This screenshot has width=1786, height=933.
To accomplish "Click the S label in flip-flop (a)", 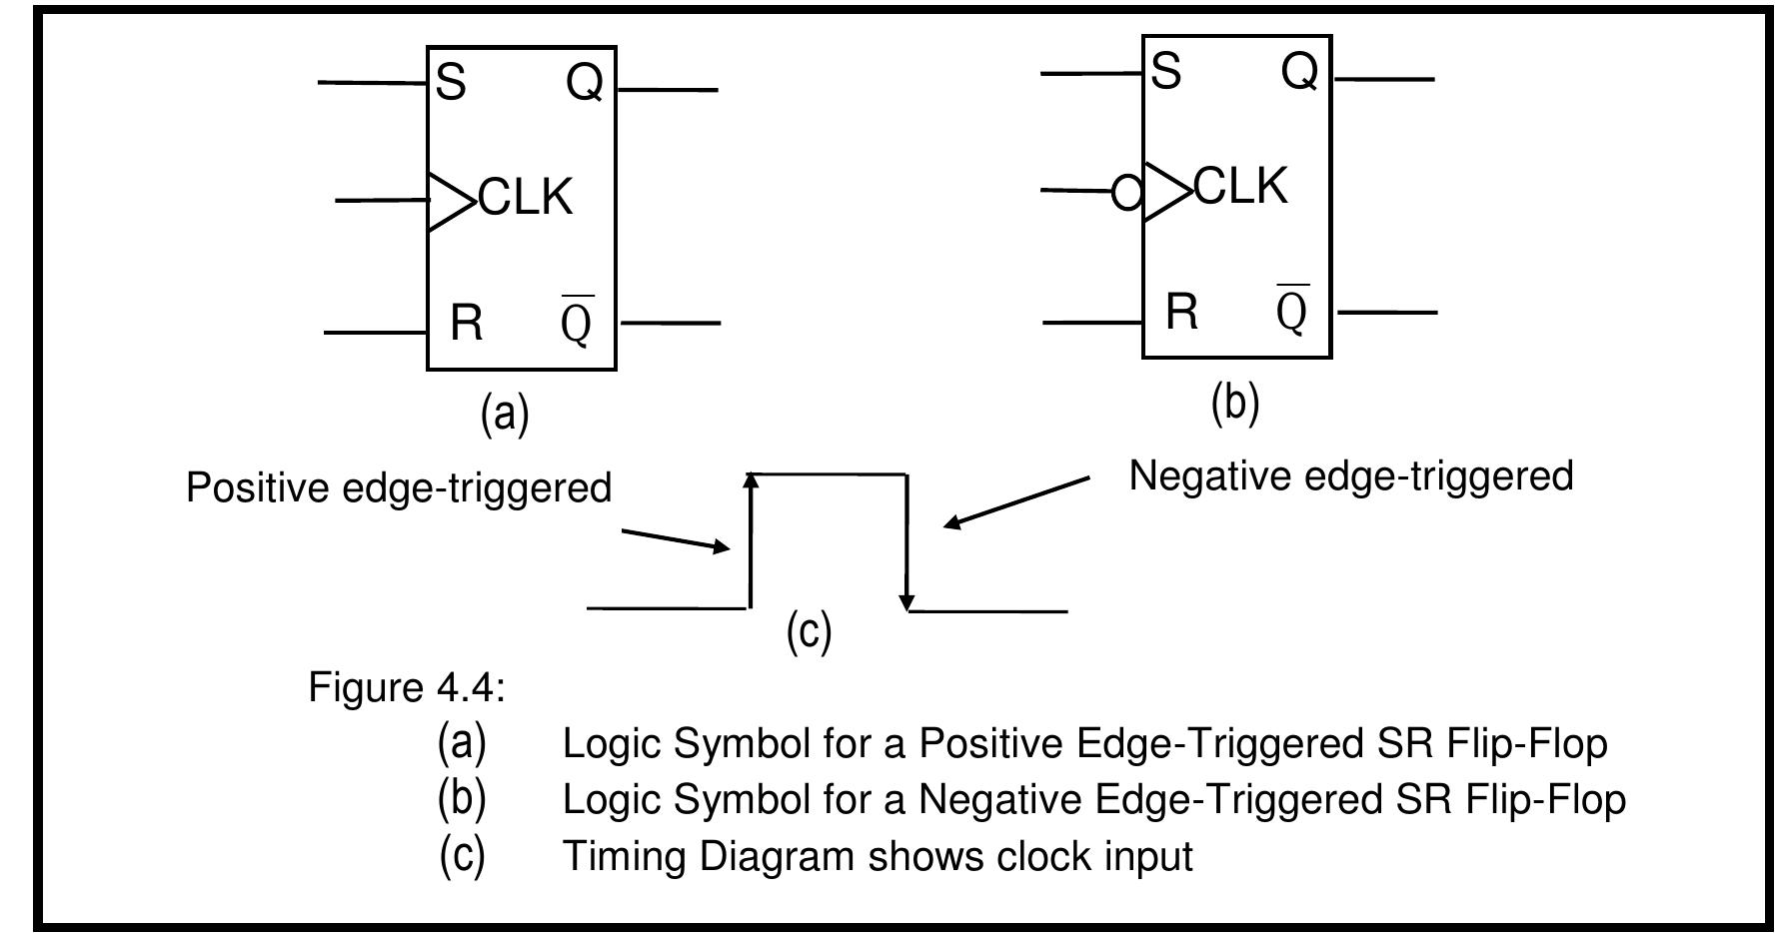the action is pos(451,82).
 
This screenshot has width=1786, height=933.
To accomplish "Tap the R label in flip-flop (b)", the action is pos(1181,312).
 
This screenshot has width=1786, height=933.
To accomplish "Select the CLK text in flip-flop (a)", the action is pos(527,197).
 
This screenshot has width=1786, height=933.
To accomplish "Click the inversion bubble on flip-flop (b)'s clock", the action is pos(1127,192).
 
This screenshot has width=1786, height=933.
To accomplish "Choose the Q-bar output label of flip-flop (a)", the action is pos(577,320).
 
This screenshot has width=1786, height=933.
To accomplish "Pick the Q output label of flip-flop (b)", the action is pos(1299,72).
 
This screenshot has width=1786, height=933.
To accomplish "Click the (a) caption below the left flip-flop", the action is pos(505,413).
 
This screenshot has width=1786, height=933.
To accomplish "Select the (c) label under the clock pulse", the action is pos(809,631).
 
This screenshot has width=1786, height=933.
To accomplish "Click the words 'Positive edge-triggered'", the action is pos(399,488).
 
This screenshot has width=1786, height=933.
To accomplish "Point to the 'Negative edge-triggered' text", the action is pos(1351,476).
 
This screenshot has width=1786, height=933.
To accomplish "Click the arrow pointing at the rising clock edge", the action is pos(677,540).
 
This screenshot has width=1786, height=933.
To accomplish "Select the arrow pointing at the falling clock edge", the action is pos(1016,502).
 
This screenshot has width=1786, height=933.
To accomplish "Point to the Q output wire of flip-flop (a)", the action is pos(668,90).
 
